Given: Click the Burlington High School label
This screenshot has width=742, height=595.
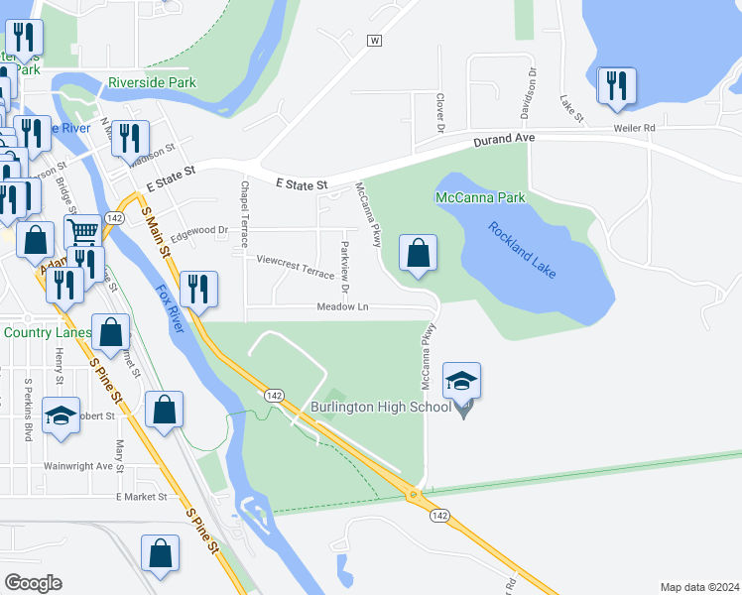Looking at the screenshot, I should coord(380,407).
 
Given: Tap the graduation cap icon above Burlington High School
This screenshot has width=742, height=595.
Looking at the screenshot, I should coord(462,381).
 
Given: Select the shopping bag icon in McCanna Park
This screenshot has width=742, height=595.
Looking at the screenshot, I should coord(419,254).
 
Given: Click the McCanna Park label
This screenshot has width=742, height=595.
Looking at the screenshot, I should coord(480,198).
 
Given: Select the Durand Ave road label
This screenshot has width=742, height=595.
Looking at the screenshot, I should coord(504,141).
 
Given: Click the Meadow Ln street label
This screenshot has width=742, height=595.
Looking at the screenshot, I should coord(343,307).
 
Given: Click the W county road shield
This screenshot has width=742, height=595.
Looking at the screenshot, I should coord(374,41).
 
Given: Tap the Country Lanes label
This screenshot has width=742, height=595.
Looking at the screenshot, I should coord(42,332).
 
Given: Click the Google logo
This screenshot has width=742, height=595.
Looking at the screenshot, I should coord(33,583).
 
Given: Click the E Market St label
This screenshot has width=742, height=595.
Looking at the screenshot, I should coord(145,496).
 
